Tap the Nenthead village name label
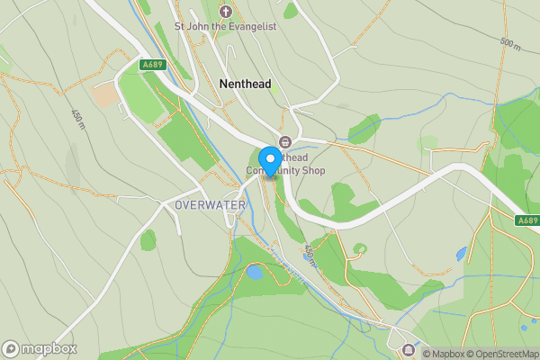245,83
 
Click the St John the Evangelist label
226,27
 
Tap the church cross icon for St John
225,12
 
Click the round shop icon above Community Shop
285,141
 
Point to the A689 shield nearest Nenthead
152,65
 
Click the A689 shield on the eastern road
527,220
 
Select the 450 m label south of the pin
310,254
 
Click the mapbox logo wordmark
39,349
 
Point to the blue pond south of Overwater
255,271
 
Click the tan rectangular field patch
104,94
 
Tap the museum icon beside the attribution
409,349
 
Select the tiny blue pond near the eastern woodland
462,255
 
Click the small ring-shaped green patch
360,248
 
